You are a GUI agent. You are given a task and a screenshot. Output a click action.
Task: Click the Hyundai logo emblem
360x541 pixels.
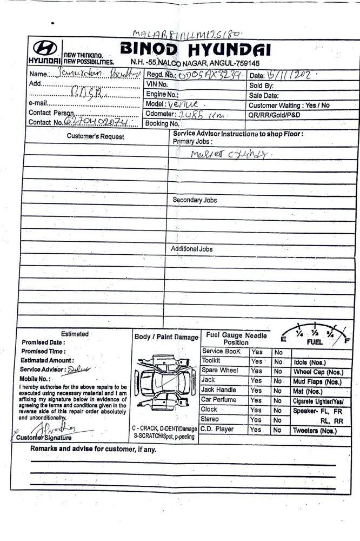coord(44,47)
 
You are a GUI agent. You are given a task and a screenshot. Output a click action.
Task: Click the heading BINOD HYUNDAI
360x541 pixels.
coord(195,50)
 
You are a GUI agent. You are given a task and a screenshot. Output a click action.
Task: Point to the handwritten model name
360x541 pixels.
coord(184,104)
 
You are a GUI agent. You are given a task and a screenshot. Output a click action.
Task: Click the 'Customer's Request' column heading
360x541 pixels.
coord(95,136)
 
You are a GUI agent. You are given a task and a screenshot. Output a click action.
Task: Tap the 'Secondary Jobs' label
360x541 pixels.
coord(195,200)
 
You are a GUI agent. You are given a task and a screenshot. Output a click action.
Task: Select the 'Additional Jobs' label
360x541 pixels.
coord(192,249)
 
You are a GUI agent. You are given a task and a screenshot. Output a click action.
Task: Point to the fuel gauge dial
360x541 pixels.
coord(316,335)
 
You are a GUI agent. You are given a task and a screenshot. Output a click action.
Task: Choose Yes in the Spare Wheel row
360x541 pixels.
coord(256,371)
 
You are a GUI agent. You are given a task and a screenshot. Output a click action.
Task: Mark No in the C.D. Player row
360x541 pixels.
coord(277,430)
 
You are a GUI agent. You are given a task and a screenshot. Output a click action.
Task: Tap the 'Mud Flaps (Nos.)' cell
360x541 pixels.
coord(318,382)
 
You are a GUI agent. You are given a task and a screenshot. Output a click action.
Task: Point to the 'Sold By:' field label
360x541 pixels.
coord(262,85)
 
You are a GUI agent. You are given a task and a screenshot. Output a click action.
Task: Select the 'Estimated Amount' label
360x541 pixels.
coord(48,360)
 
